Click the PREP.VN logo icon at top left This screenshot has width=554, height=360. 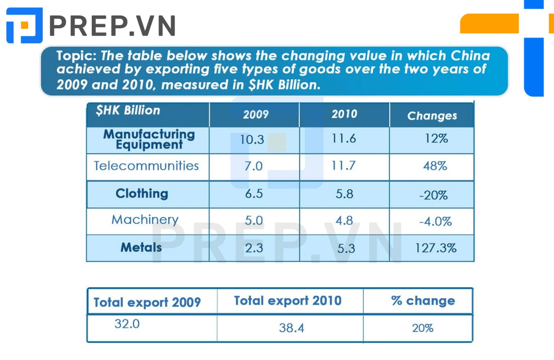[x=25, y=25]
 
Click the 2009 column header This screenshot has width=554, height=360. [x=256, y=114]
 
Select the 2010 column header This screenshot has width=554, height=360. [x=345, y=114]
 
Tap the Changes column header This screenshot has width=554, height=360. [x=432, y=116]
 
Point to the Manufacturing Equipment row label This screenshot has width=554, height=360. [x=149, y=140]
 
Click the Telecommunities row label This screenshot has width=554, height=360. [x=146, y=166]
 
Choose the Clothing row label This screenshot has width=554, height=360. [x=142, y=193]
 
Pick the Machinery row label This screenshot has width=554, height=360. [x=145, y=220]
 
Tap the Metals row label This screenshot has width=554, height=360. [x=141, y=247]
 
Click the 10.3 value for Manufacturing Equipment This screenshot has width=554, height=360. [x=252, y=140]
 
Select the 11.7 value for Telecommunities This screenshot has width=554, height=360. [x=343, y=165]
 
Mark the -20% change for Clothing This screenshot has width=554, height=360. [x=433, y=195]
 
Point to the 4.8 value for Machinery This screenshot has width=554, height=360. [x=344, y=220]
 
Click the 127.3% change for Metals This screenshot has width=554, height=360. [x=436, y=248]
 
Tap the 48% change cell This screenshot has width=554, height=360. [x=435, y=166]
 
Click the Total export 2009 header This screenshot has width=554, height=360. [x=147, y=302]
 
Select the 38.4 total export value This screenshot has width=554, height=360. [x=292, y=328]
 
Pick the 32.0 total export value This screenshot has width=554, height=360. [x=127, y=324]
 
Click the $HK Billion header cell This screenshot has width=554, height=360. [x=128, y=110]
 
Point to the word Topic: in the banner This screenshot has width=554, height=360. [x=76, y=56]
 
